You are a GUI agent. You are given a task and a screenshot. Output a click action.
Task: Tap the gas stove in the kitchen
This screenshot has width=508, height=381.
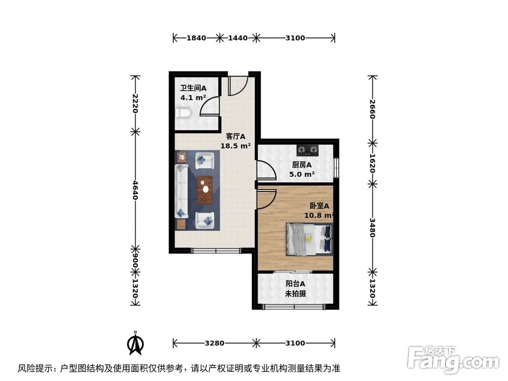308,149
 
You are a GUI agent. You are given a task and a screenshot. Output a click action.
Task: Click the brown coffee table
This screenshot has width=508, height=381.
206,189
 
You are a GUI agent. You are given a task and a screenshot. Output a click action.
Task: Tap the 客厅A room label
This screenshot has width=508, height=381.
236,136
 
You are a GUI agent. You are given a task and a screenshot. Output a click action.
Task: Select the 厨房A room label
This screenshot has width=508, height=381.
302,165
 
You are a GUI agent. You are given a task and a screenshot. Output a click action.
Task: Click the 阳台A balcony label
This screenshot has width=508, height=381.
295,284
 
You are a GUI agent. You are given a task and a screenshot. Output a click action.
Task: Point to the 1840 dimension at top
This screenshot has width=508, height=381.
196,38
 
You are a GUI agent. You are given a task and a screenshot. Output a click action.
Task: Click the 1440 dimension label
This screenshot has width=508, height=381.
238,38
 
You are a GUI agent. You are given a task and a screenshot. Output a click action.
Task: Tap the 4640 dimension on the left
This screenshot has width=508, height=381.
135,190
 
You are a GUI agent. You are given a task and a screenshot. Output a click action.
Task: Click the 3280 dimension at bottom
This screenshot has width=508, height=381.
215,343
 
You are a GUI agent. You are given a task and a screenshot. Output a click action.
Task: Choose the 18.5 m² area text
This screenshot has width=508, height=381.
236,146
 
